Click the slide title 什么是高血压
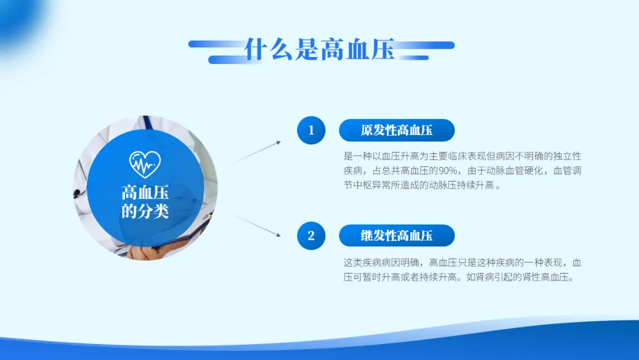[320, 49]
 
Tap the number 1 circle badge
[311, 130]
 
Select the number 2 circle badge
[311, 236]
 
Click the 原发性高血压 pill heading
[396, 130]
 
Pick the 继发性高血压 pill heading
[396, 236]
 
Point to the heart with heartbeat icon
[145, 164]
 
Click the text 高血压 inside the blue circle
[145, 192]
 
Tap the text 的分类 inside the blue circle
[145, 211]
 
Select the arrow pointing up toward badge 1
[257, 151]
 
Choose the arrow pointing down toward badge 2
[257, 226]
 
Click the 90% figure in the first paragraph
[447, 171]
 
